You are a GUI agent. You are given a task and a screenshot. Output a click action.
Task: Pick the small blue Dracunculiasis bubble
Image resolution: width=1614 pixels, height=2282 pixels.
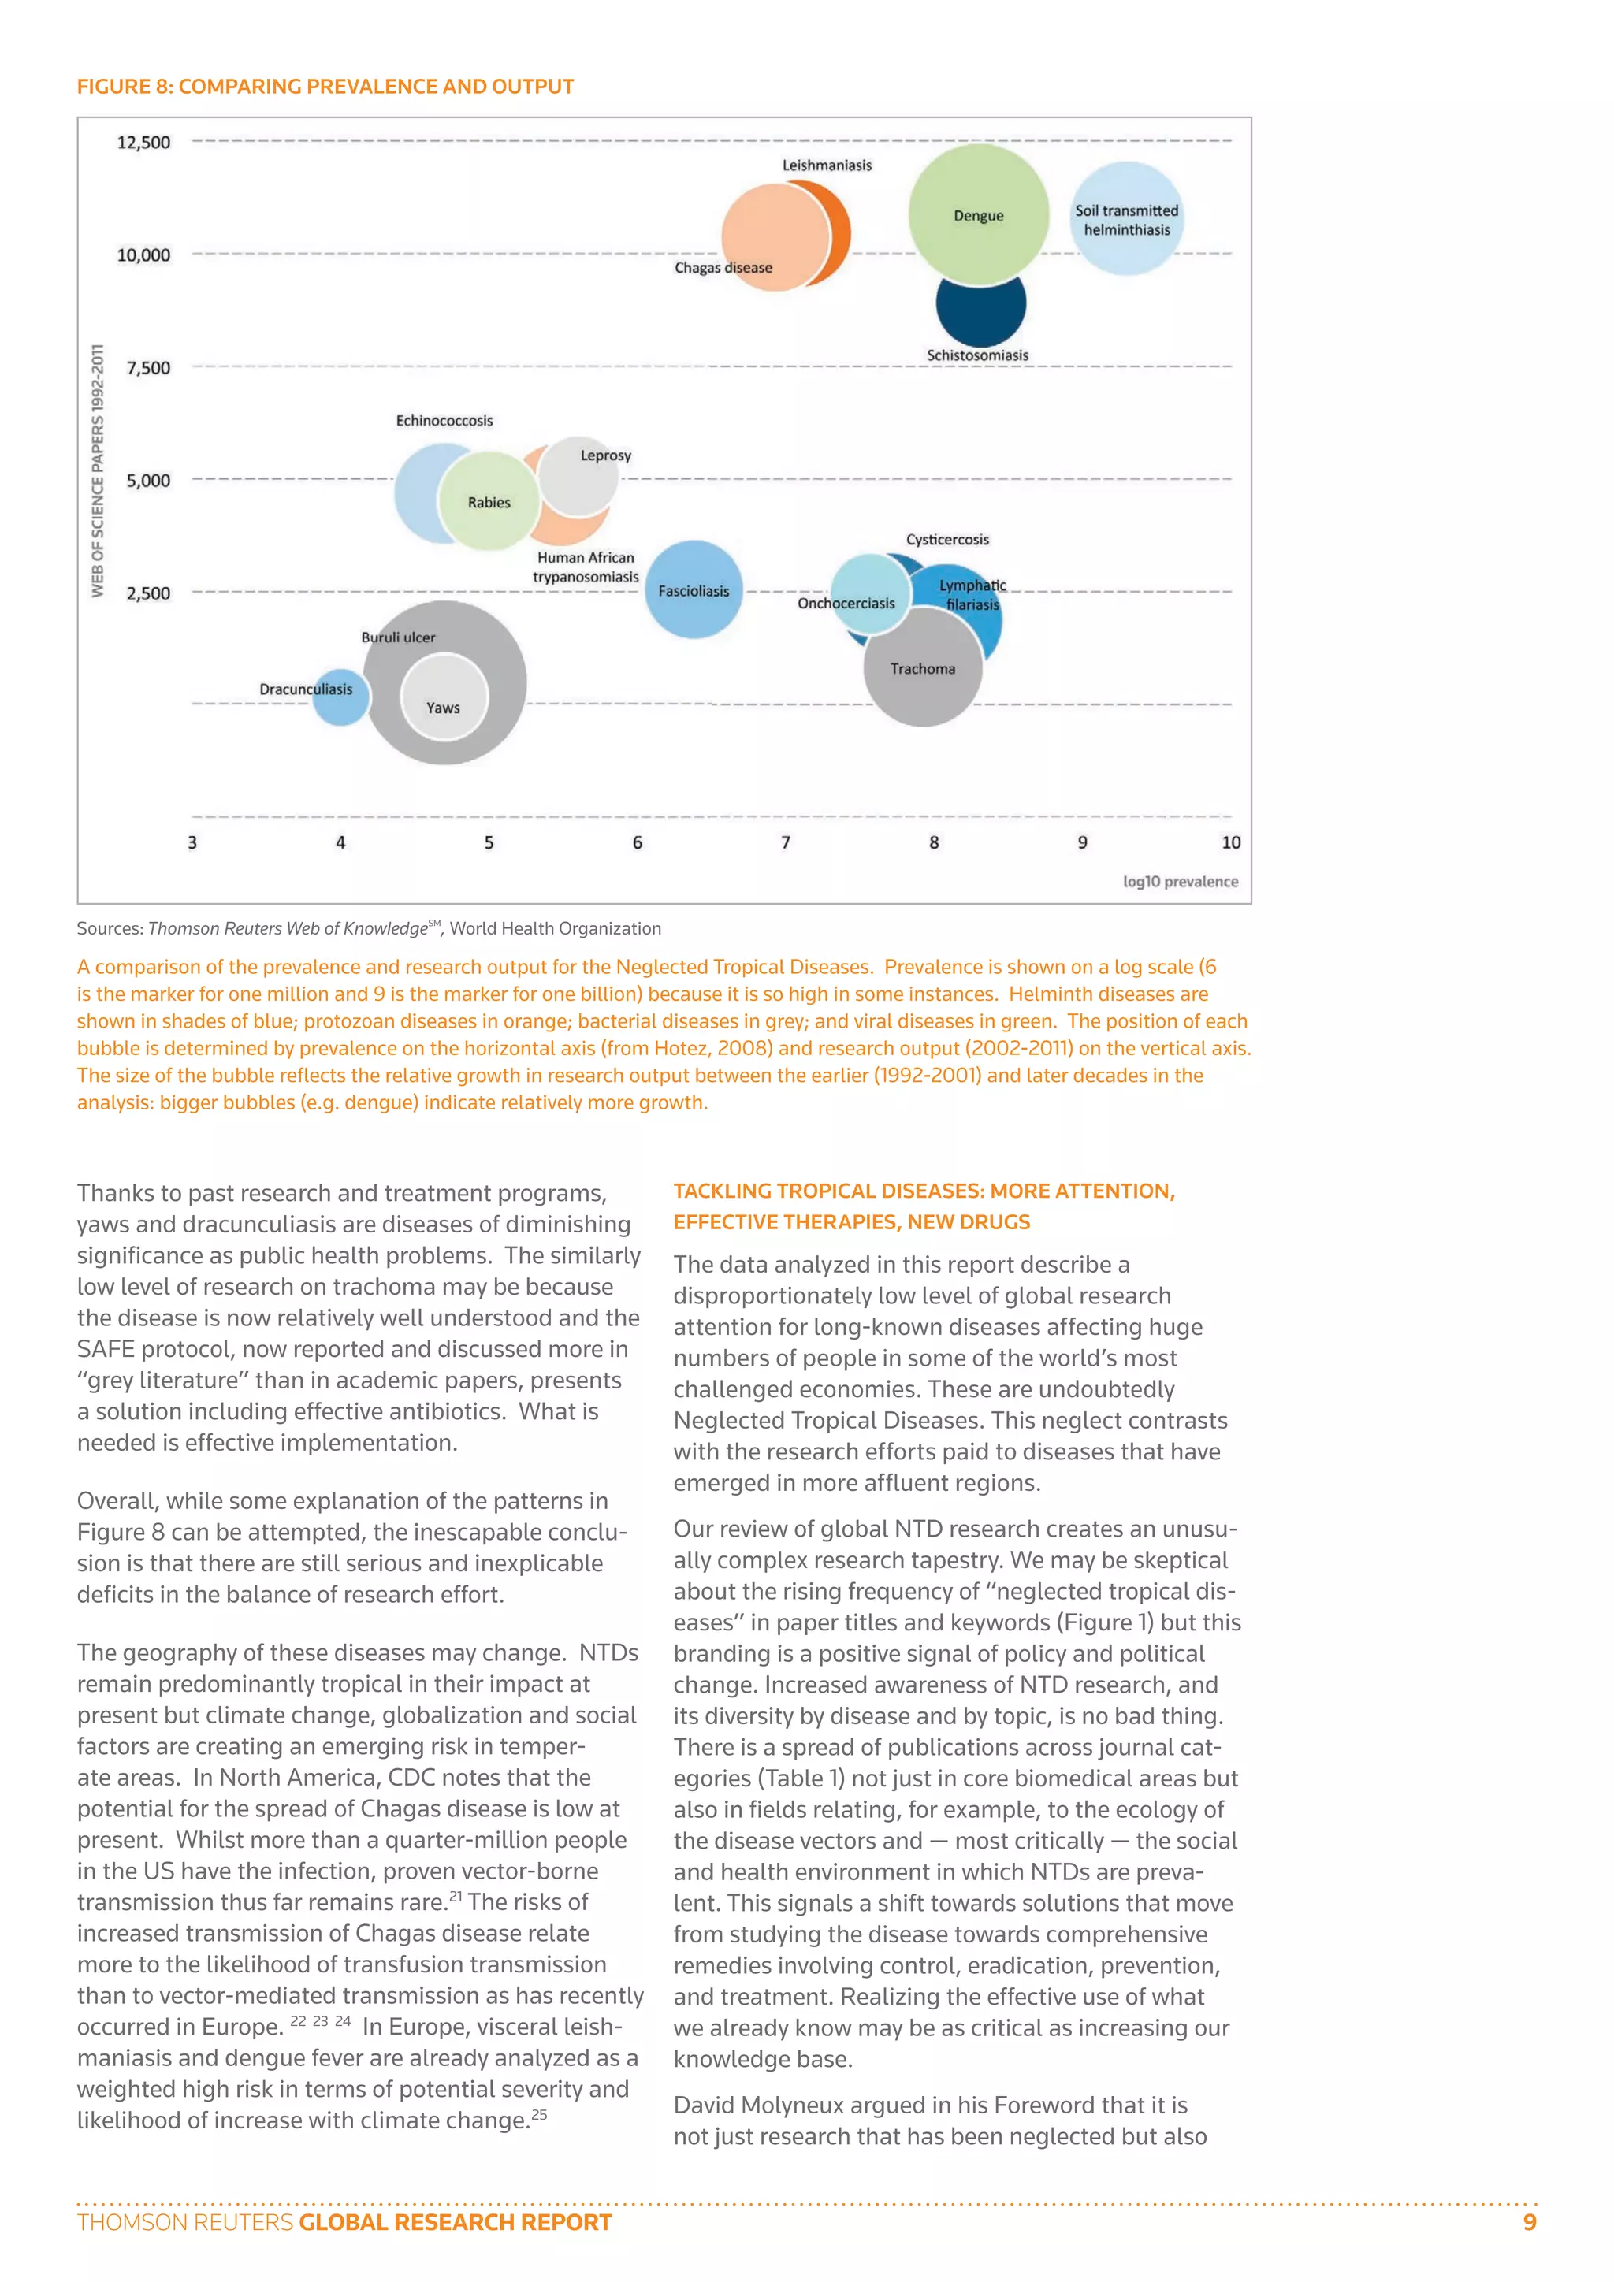340,697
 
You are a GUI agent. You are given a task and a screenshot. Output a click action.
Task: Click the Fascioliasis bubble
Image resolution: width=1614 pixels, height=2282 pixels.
694,590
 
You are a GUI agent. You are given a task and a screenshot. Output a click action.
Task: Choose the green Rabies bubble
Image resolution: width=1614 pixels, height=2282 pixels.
489,502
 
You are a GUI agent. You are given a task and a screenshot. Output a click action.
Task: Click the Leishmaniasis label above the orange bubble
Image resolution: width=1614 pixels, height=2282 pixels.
827,165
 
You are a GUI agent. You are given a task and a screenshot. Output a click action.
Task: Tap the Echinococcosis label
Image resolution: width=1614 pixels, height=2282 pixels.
444,421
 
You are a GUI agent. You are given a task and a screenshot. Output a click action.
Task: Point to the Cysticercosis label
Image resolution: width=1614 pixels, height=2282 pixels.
947,540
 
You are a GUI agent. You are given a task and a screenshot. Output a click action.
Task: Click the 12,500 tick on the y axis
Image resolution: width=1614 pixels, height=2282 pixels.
144,142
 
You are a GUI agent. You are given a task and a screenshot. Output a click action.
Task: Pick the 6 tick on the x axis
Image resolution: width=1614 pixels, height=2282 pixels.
637,843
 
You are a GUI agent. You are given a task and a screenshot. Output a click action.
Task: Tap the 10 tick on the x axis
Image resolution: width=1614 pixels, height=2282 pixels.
1230,843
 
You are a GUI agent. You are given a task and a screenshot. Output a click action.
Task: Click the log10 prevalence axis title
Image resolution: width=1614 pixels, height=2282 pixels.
1180,882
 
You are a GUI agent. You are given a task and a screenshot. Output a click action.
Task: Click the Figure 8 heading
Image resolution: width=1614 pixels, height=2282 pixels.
325,87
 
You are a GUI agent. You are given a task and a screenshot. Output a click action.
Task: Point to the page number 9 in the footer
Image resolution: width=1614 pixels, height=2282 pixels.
1530,2222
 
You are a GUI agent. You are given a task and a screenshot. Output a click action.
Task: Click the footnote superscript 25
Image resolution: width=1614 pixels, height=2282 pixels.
539,2114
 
